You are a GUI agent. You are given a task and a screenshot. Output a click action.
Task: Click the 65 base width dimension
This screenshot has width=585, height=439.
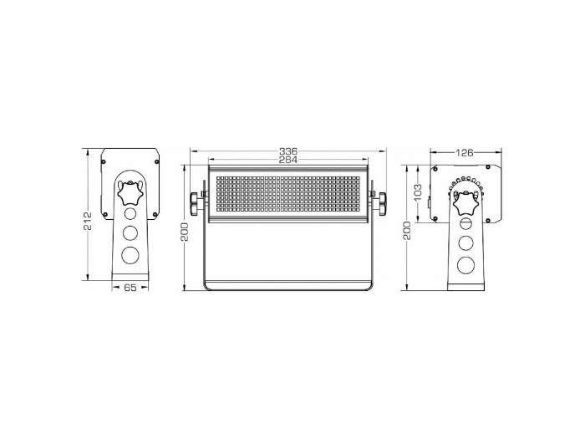pyautogui.click(x=130, y=287)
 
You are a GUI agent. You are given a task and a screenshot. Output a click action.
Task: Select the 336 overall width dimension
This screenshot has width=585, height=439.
pyautogui.click(x=288, y=151)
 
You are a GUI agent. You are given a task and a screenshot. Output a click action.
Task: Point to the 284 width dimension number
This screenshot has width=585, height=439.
pyautogui.click(x=288, y=159)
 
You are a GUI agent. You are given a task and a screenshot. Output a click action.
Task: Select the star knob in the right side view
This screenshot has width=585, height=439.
pyautogui.click(x=464, y=203)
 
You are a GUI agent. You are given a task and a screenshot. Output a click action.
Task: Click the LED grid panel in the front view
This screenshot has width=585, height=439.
pyautogui.click(x=288, y=194)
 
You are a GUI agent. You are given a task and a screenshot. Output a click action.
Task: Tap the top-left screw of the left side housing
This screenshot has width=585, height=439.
pyautogui.click(x=104, y=154)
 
